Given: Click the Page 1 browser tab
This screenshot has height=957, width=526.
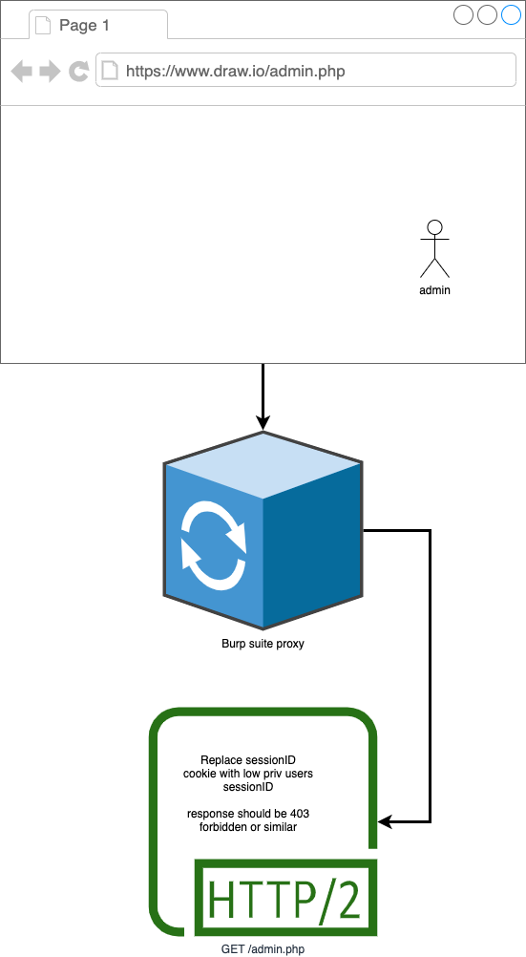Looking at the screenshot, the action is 98,25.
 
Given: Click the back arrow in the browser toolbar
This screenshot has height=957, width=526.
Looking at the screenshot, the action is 21,72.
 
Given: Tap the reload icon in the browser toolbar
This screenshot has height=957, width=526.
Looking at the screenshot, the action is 78,72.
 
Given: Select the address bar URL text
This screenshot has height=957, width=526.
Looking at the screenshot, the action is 236,72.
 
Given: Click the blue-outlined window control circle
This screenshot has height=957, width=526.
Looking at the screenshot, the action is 511,14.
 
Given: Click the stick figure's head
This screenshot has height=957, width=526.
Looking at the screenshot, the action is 434,227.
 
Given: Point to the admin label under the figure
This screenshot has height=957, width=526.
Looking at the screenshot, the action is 434,290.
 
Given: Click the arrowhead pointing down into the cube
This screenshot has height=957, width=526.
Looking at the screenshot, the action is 263,422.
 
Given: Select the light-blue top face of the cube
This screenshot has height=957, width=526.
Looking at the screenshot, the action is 263,465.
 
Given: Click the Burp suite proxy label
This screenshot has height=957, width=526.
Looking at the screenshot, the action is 263,644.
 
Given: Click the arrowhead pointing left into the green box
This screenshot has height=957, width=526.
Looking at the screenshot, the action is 385,822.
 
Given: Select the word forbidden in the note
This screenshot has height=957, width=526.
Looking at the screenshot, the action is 222,827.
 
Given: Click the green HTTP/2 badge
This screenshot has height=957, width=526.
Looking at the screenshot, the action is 285,897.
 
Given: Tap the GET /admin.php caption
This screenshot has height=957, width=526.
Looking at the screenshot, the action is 263,949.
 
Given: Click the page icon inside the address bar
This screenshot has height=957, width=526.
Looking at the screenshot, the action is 109,71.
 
